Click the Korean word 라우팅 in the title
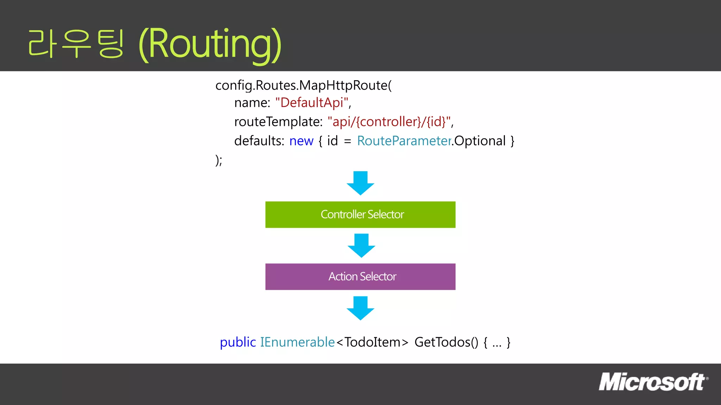(x=76, y=44)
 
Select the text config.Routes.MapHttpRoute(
(x=303, y=85)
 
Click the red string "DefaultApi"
(x=312, y=103)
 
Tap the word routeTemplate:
(x=278, y=122)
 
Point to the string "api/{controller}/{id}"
(x=389, y=122)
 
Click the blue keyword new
(x=301, y=141)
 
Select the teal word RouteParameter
(x=404, y=141)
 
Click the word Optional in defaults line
(x=480, y=141)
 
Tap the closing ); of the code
(x=219, y=160)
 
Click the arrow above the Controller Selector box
(x=360, y=183)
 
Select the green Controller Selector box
(x=360, y=214)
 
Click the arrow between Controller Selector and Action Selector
(x=361, y=245)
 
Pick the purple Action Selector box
(x=360, y=277)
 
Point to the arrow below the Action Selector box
(x=360, y=308)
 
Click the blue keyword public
(x=238, y=342)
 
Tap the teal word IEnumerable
(x=297, y=342)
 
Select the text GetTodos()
(x=446, y=342)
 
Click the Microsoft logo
(x=653, y=382)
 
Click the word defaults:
(x=259, y=141)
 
